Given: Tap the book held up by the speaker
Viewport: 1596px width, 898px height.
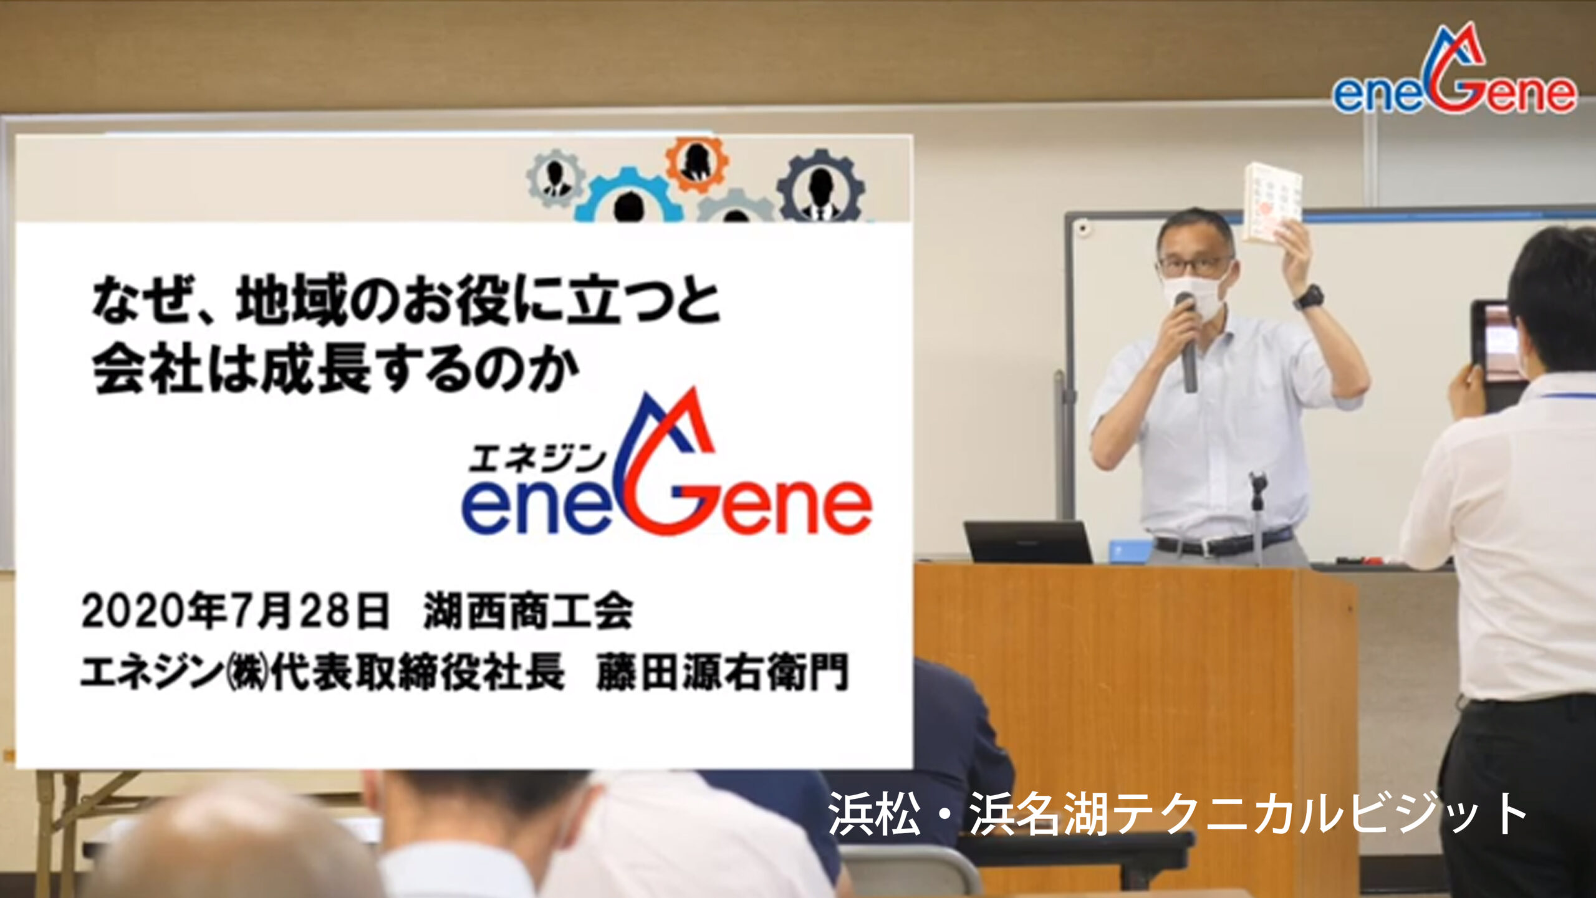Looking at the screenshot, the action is coord(1272,203).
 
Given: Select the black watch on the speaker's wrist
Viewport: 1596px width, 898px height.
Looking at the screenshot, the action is coord(1309,297).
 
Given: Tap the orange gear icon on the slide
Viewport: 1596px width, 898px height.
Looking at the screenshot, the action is coord(697,161).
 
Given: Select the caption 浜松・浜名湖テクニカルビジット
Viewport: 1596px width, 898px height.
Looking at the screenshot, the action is coord(1177,814).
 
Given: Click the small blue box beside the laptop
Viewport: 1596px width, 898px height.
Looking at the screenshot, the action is coord(1130,551).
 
